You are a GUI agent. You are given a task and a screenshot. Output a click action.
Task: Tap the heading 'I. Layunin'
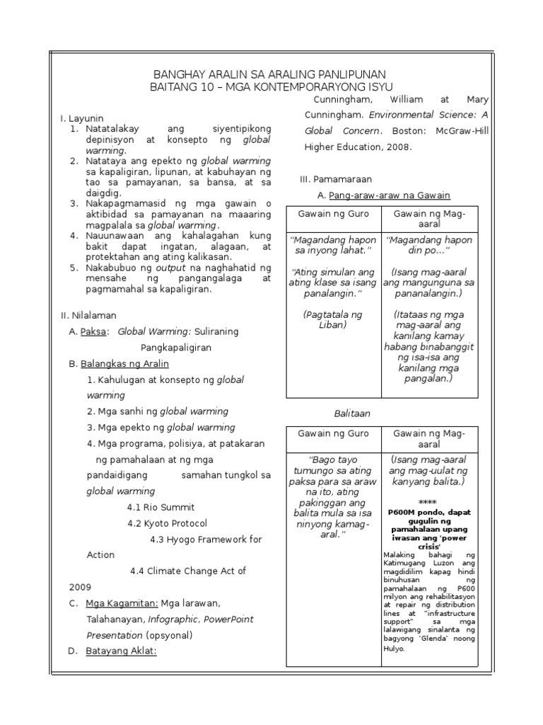pos(82,118)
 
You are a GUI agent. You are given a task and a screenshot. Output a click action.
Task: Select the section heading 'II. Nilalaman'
pos(88,315)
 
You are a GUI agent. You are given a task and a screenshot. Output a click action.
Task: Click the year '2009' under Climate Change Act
pos(80,587)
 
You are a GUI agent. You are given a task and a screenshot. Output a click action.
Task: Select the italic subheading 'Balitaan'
pos(351,413)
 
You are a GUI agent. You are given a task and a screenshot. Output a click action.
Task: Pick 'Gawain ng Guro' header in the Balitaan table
pos(333,433)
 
